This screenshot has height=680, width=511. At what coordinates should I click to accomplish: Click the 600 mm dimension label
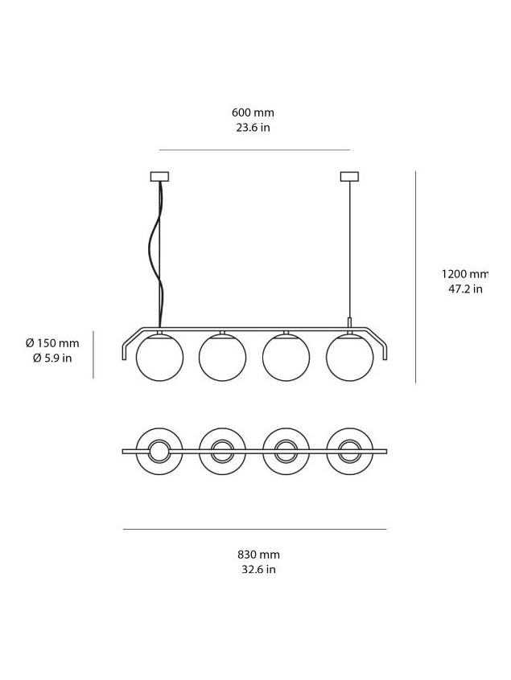pos(253,113)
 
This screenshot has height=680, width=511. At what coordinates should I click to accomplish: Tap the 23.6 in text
pos(253,128)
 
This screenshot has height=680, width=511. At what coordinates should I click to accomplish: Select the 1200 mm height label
pos(464,274)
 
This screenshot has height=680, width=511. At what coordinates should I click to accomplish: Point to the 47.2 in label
pos(464,289)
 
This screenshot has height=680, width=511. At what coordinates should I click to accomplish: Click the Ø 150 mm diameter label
pos(52,343)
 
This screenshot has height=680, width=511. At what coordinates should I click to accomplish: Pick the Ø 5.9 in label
pos(52,358)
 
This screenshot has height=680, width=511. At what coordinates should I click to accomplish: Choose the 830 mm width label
pos(258,554)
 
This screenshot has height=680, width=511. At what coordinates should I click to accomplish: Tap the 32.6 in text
pos(258,569)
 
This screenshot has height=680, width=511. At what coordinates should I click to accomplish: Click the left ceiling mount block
pos(159,177)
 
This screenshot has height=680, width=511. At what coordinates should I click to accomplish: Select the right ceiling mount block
pos(349,177)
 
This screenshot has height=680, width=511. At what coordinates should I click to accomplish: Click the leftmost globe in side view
pos(159,357)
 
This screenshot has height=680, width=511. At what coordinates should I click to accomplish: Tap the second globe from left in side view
pos(222,357)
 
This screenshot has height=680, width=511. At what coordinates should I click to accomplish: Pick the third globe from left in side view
pos(286,357)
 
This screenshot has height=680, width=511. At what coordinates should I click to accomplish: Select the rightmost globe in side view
pos(349,357)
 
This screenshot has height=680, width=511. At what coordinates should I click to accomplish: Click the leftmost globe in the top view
pos(159,452)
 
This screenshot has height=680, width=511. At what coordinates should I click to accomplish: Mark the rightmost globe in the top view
pos(349,452)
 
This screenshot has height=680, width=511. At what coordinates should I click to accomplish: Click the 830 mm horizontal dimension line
pos(254,529)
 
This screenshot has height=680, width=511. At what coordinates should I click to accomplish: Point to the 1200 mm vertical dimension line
pos(415,277)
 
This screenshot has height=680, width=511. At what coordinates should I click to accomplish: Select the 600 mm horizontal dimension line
pos(254,150)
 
